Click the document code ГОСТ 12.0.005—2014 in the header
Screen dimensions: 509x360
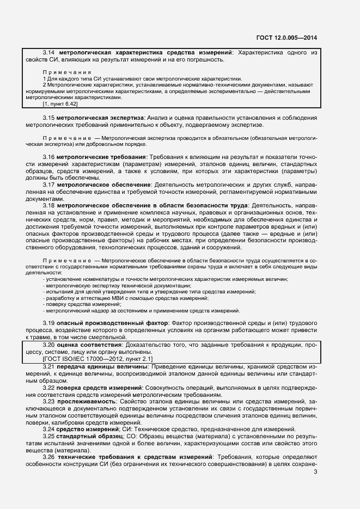pos(286,38)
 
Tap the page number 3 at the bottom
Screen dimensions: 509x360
pos(315,472)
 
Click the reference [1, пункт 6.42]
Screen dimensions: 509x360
pos(60,103)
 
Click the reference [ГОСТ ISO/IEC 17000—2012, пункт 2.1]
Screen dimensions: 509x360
pos(98,359)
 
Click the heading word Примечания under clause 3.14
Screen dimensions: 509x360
pos(66,72)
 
